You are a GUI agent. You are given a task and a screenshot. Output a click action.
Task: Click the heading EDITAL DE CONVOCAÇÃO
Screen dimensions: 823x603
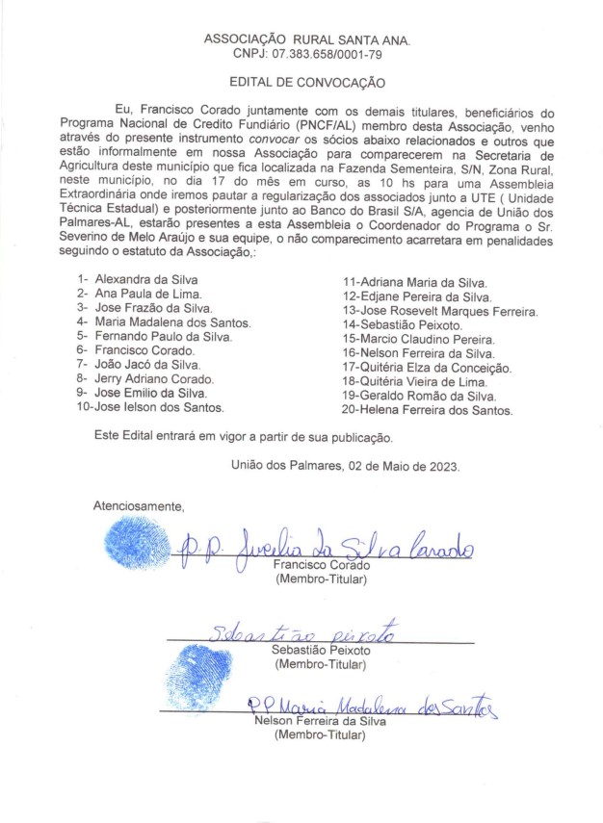point(307,84)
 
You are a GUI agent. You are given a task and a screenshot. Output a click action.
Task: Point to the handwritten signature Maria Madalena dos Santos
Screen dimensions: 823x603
point(371,708)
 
